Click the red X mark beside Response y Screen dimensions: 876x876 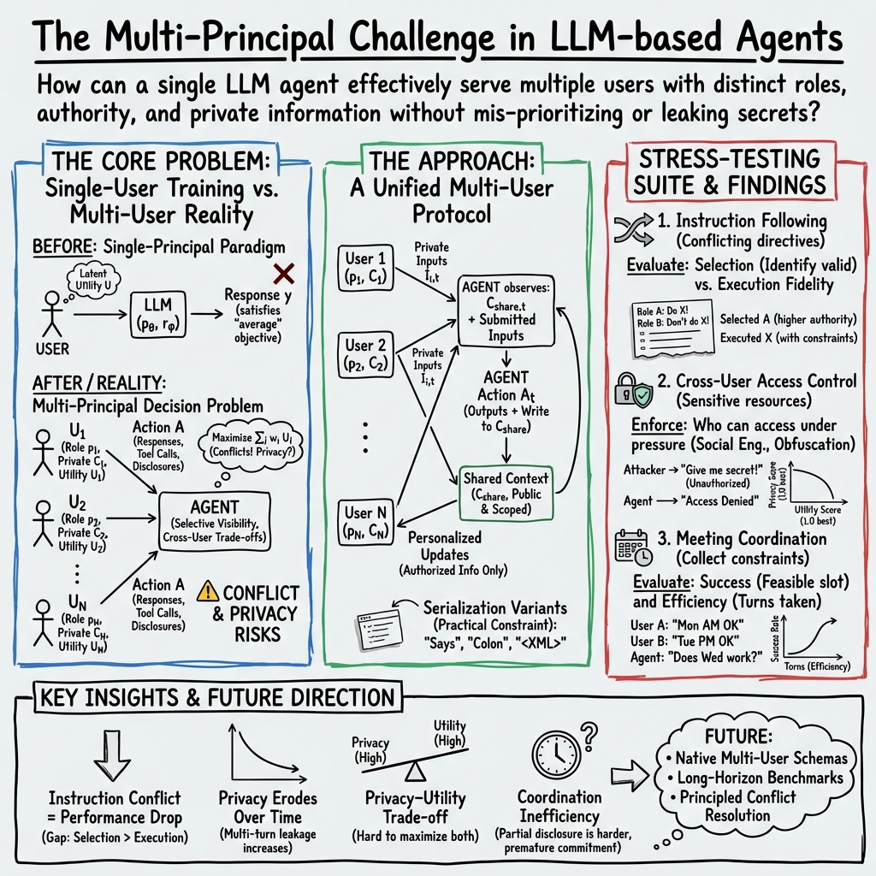tap(282, 274)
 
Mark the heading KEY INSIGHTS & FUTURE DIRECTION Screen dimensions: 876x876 tap(218, 697)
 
